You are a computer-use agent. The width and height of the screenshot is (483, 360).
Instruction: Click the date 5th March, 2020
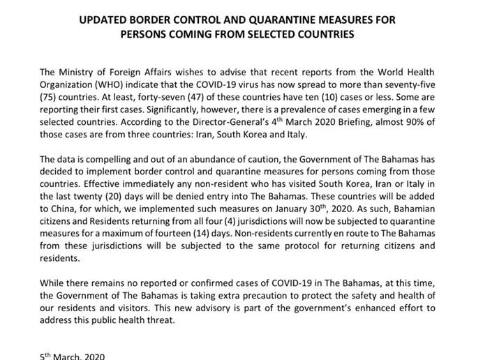coord(73,356)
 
